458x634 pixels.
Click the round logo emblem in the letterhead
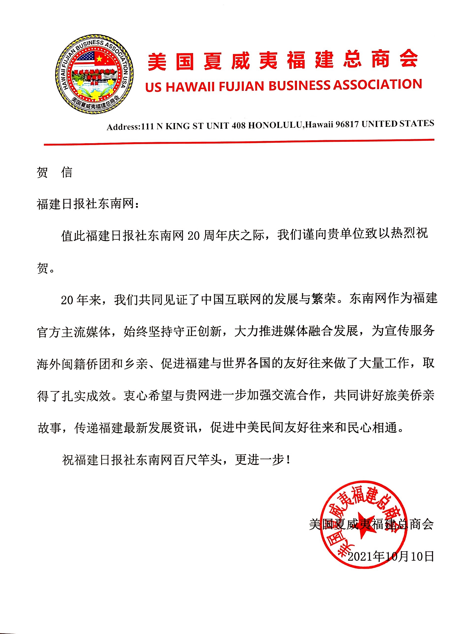click(94, 75)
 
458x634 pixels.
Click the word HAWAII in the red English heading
click(190, 87)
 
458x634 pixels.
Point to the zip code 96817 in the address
click(347, 124)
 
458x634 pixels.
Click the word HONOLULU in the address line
click(275, 125)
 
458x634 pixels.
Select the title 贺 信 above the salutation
click(54, 173)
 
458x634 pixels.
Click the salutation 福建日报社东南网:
click(88, 204)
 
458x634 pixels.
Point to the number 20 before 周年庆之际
click(194, 236)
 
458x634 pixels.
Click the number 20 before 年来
click(67, 300)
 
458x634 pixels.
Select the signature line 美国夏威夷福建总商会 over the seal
click(371, 524)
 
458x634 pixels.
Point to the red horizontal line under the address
click(239, 142)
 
